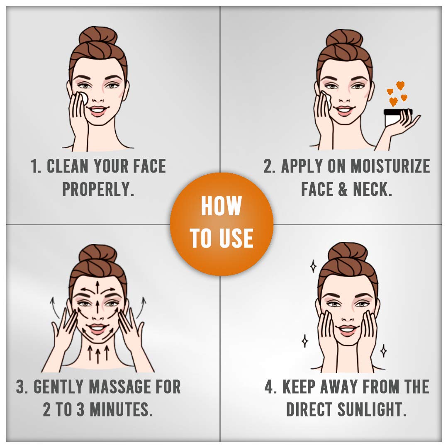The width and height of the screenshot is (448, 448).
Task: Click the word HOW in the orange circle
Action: tap(222, 206)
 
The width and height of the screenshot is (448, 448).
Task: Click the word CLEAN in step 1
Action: tap(68, 166)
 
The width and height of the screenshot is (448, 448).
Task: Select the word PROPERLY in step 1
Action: tap(98, 189)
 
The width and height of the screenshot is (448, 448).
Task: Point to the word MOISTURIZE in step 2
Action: tap(390, 166)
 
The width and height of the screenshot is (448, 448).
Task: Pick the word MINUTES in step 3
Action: tap(121, 409)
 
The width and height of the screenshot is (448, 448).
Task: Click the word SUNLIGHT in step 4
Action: tap(372, 409)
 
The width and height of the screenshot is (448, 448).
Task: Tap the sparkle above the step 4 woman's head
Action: tap(314, 266)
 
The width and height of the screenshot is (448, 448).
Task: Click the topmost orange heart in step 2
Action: tap(400, 85)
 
